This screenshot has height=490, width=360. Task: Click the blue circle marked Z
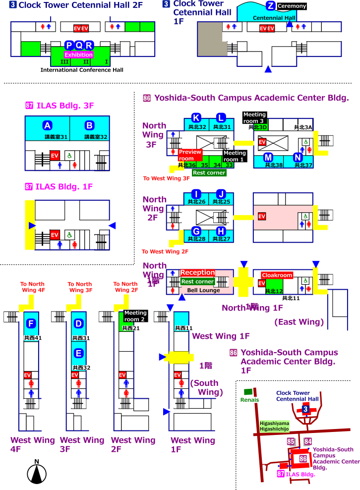tap(270, 6)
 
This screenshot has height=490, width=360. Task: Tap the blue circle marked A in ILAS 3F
tap(47, 125)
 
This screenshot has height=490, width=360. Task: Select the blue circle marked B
tap(89, 125)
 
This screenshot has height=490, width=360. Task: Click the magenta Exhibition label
tap(79, 55)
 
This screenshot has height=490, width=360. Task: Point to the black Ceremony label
tap(292, 6)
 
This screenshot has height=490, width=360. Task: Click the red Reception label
tap(198, 273)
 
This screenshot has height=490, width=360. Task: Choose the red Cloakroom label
tap(277, 275)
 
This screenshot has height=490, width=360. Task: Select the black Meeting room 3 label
tap(255, 118)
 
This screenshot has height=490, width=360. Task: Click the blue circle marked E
tap(78, 353)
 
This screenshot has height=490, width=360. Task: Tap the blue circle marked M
tap(268, 157)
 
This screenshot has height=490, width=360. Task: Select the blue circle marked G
tap(196, 231)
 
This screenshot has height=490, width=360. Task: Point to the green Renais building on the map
tap(248, 392)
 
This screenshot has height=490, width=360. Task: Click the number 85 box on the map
tap(291, 441)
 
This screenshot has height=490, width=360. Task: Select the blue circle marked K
tap(196, 118)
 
